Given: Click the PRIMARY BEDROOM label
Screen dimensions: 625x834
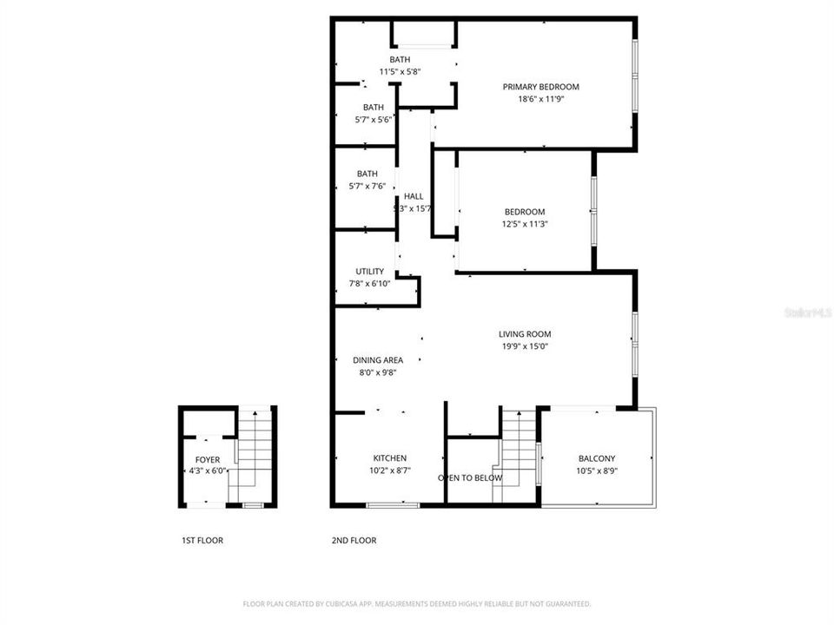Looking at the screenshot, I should [x=540, y=87].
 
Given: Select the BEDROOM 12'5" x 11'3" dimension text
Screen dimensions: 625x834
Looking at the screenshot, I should [x=525, y=224].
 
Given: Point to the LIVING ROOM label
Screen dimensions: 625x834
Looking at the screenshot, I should [x=524, y=334].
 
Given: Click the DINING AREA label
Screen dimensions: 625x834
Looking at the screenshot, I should [x=377, y=360].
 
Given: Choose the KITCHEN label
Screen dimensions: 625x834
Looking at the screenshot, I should [x=389, y=458].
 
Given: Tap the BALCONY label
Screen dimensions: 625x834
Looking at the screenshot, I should [x=596, y=459].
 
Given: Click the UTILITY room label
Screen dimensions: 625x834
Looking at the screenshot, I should [x=369, y=272].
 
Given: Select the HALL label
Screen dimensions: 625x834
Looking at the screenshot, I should [x=413, y=196].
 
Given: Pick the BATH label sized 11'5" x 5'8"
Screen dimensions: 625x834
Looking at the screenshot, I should [x=400, y=60].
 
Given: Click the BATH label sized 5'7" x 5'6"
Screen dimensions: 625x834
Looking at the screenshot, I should [x=374, y=108].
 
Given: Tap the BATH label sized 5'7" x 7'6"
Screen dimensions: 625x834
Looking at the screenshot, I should [x=367, y=174].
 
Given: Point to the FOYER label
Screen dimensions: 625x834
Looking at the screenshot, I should [x=207, y=460].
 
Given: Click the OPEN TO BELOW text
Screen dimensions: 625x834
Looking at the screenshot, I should [x=469, y=478].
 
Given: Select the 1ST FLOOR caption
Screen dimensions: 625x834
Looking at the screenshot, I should [x=202, y=541].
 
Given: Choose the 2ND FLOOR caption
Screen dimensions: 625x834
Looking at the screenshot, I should [x=354, y=541].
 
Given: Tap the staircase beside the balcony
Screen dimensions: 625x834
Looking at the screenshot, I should [x=517, y=456].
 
